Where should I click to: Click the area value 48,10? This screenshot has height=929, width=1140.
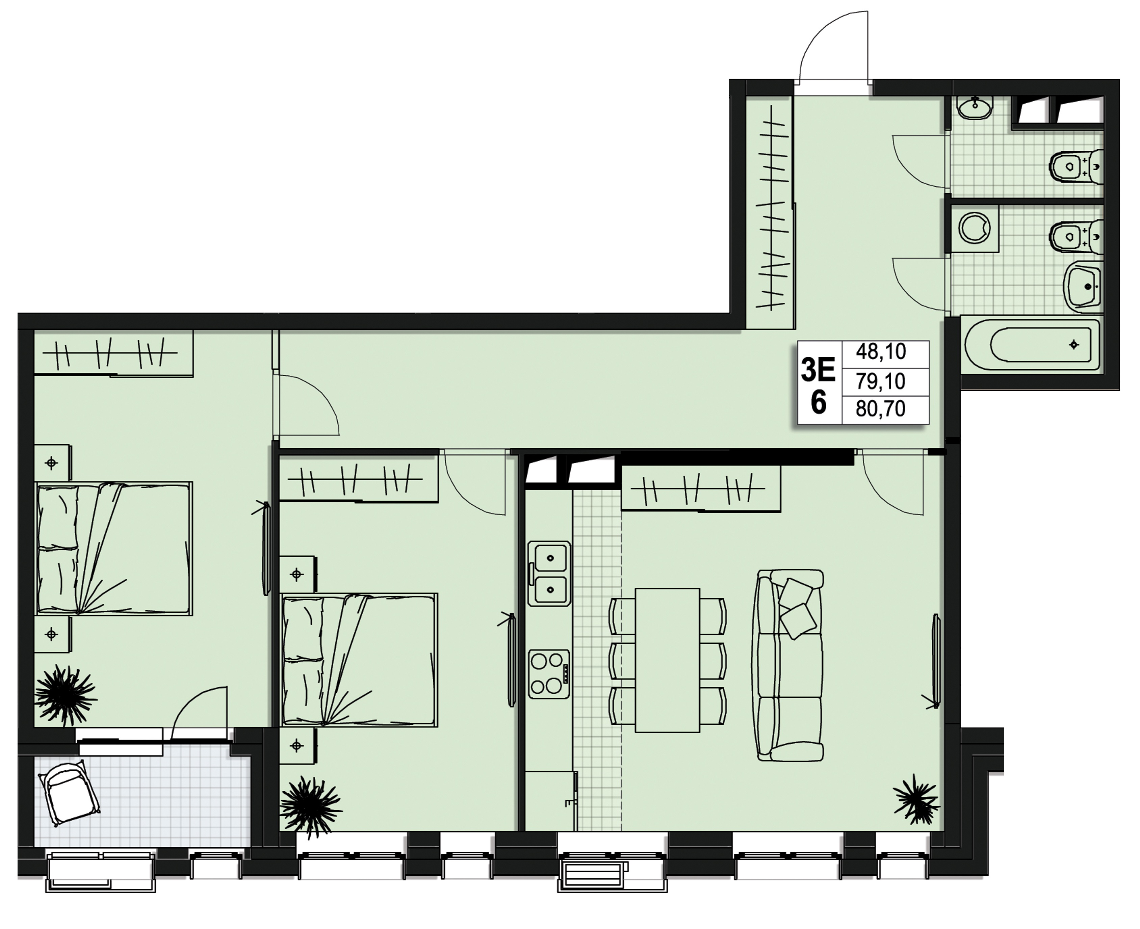point(880,352)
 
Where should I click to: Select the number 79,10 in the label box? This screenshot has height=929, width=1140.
point(880,381)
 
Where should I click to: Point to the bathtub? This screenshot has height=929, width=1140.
point(1032,345)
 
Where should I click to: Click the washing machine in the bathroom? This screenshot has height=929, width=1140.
point(974,229)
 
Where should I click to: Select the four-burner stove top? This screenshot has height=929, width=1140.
point(549,674)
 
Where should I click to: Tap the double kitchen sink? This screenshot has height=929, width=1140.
point(549,573)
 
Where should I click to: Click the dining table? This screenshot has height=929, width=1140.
point(667,660)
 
